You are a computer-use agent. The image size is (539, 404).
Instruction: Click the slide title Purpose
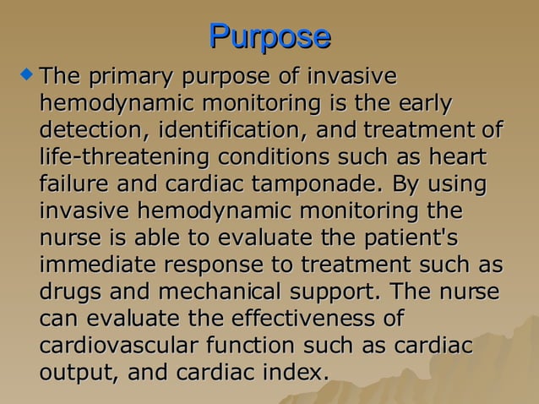[269, 36]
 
